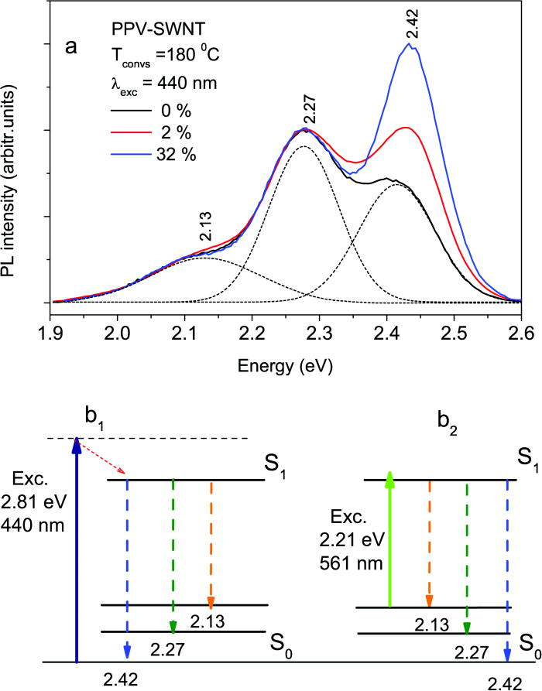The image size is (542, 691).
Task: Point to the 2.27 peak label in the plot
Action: pos(310,109)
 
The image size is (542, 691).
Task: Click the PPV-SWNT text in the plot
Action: pos(145,29)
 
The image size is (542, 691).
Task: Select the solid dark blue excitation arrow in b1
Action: pos(76,542)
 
